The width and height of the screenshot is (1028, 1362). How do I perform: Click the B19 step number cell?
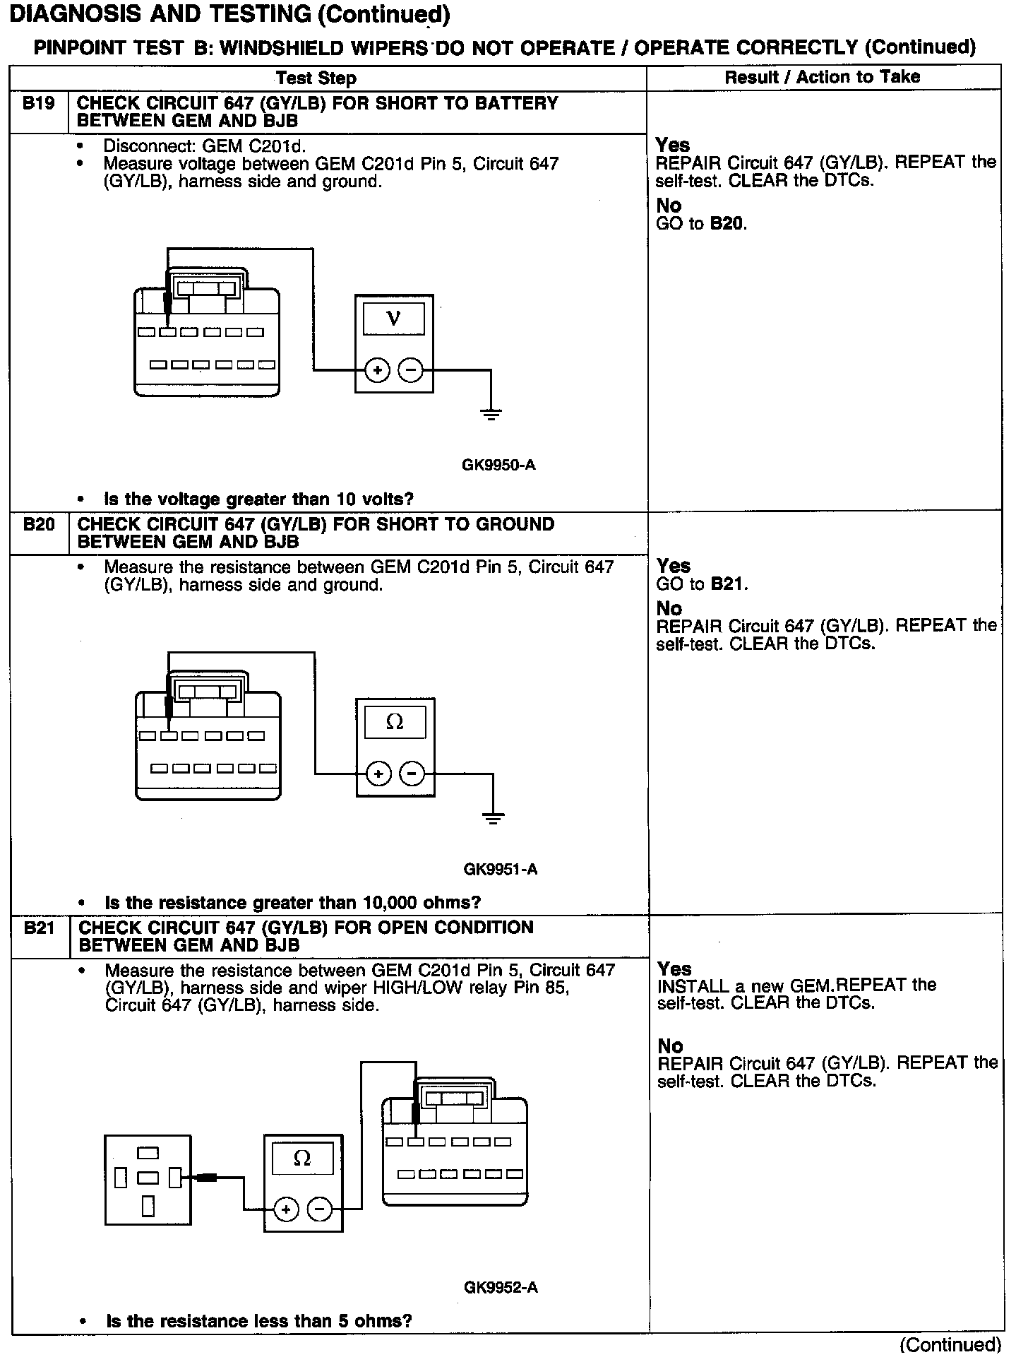(x=38, y=105)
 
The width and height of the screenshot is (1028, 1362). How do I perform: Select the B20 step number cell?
(x=39, y=525)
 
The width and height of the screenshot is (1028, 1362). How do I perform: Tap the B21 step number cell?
(x=40, y=928)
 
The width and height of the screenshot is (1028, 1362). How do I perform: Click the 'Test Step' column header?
(x=316, y=78)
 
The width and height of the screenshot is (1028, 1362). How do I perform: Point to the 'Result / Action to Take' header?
(x=823, y=77)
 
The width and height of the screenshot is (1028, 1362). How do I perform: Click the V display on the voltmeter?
(x=394, y=319)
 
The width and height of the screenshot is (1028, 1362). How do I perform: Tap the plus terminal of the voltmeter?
(x=377, y=369)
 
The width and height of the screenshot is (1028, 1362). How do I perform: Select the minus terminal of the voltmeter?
(x=410, y=369)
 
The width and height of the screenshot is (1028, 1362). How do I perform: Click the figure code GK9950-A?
(x=498, y=465)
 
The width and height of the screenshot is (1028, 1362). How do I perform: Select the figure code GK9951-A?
(x=501, y=869)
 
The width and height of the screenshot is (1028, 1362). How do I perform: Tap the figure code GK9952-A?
(x=501, y=1287)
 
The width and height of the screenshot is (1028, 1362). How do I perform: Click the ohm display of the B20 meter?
(x=395, y=723)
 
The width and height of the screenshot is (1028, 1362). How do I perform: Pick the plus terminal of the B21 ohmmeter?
(x=286, y=1210)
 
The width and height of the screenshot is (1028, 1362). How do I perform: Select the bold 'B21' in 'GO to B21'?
(x=729, y=584)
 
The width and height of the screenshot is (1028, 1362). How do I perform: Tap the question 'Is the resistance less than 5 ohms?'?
(x=258, y=1320)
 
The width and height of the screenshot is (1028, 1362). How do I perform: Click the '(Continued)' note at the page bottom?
(x=950, y=1344)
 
